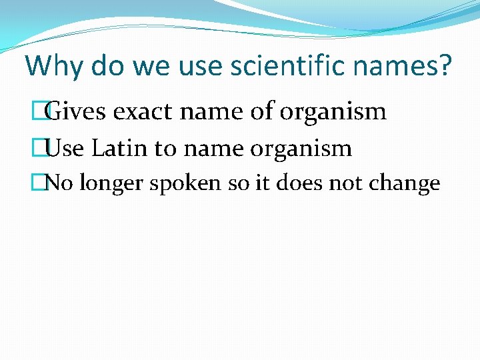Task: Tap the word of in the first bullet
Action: [262, 111]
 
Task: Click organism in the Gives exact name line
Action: [333, 111]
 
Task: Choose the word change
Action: [410, 183]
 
